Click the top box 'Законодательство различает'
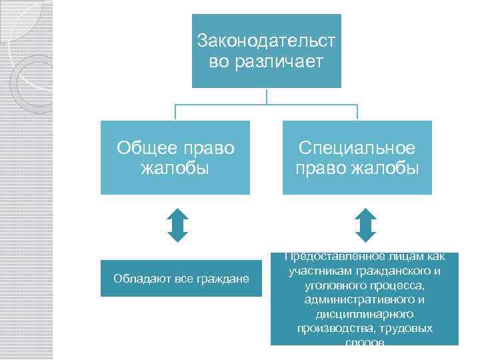tap(267, 51)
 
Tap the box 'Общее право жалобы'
tap(175, 157)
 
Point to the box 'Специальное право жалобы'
tap(357, 157)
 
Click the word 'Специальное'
tap(357, 148)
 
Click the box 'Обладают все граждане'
tap(181, 277)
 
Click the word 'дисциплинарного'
tap(365, 314)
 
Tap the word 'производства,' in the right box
tap(340, 329)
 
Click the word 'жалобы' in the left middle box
tap(175, 167)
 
